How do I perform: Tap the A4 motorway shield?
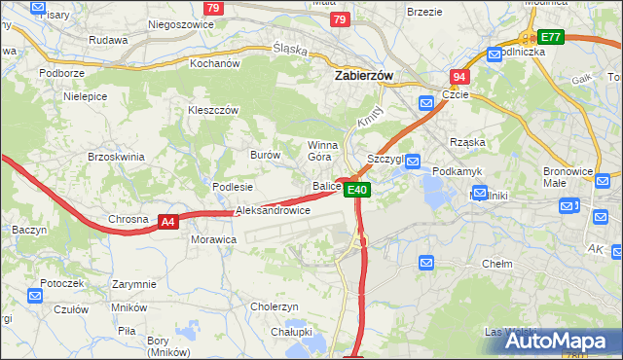click(x=168, y=222)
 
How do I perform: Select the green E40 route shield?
click(x=357, y=190)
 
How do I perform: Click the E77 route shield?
click(x=551, y=37)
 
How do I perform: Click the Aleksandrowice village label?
click(x=273, y=210)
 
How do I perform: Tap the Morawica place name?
click(x=214, y=238)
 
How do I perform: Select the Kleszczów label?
click(x=213, y=111)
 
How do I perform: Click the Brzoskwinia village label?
click(x=116, y=157)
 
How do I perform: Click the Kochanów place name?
click(x=214, y=63)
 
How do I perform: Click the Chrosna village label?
click(x=128, y=219)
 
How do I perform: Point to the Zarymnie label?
click(x=133, y=284)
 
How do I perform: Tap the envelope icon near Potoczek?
click(x=36, y=296)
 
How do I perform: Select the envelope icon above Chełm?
click(x=426, y=263)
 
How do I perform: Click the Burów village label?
click(x=265, y=155)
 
